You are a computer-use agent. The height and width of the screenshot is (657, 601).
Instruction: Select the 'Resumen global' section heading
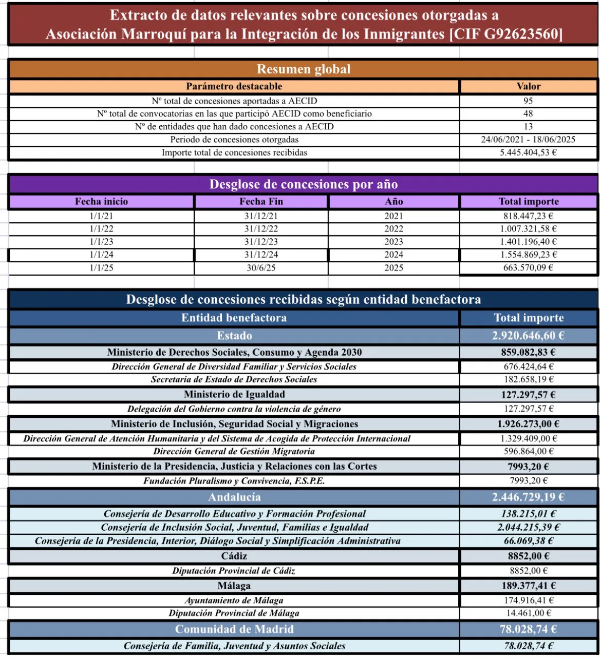click(304, 69)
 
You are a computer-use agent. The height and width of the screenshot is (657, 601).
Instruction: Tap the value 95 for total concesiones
click(528, 101)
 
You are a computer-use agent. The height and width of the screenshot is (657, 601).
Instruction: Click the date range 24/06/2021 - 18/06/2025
click(528, 140)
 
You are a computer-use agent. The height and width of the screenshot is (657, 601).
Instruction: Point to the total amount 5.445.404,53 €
click(528, 152)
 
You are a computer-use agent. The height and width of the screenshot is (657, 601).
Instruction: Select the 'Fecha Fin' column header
click(261, 202)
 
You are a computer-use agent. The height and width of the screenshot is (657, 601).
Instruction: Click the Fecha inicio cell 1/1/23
click(101, 242)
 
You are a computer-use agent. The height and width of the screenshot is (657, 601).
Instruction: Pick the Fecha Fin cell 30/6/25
click(261, 268)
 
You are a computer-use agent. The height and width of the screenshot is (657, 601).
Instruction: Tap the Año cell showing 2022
click(393, 229)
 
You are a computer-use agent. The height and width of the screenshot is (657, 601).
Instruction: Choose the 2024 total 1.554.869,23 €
click(528, 255)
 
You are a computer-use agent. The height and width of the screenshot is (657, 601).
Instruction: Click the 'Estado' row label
click(234, 336)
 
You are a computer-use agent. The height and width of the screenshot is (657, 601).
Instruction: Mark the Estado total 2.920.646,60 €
click(528, 336)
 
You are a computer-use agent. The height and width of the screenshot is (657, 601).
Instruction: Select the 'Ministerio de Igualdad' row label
click(234, 394)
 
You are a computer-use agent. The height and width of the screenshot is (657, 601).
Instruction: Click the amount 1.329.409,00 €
click(529, 438)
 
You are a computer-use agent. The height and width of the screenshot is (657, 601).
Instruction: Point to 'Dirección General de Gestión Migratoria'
click(234, 451)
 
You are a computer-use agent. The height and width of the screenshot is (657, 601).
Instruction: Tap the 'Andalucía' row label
click(234, 497)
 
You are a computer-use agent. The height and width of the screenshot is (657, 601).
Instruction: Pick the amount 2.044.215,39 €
click(529, 527)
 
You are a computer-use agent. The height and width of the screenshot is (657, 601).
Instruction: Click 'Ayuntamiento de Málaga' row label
click(234, 600)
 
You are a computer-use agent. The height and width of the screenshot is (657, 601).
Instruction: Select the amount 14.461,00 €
click(529, 613)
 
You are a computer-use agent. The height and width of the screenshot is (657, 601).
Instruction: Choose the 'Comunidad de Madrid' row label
click(234, 629)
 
